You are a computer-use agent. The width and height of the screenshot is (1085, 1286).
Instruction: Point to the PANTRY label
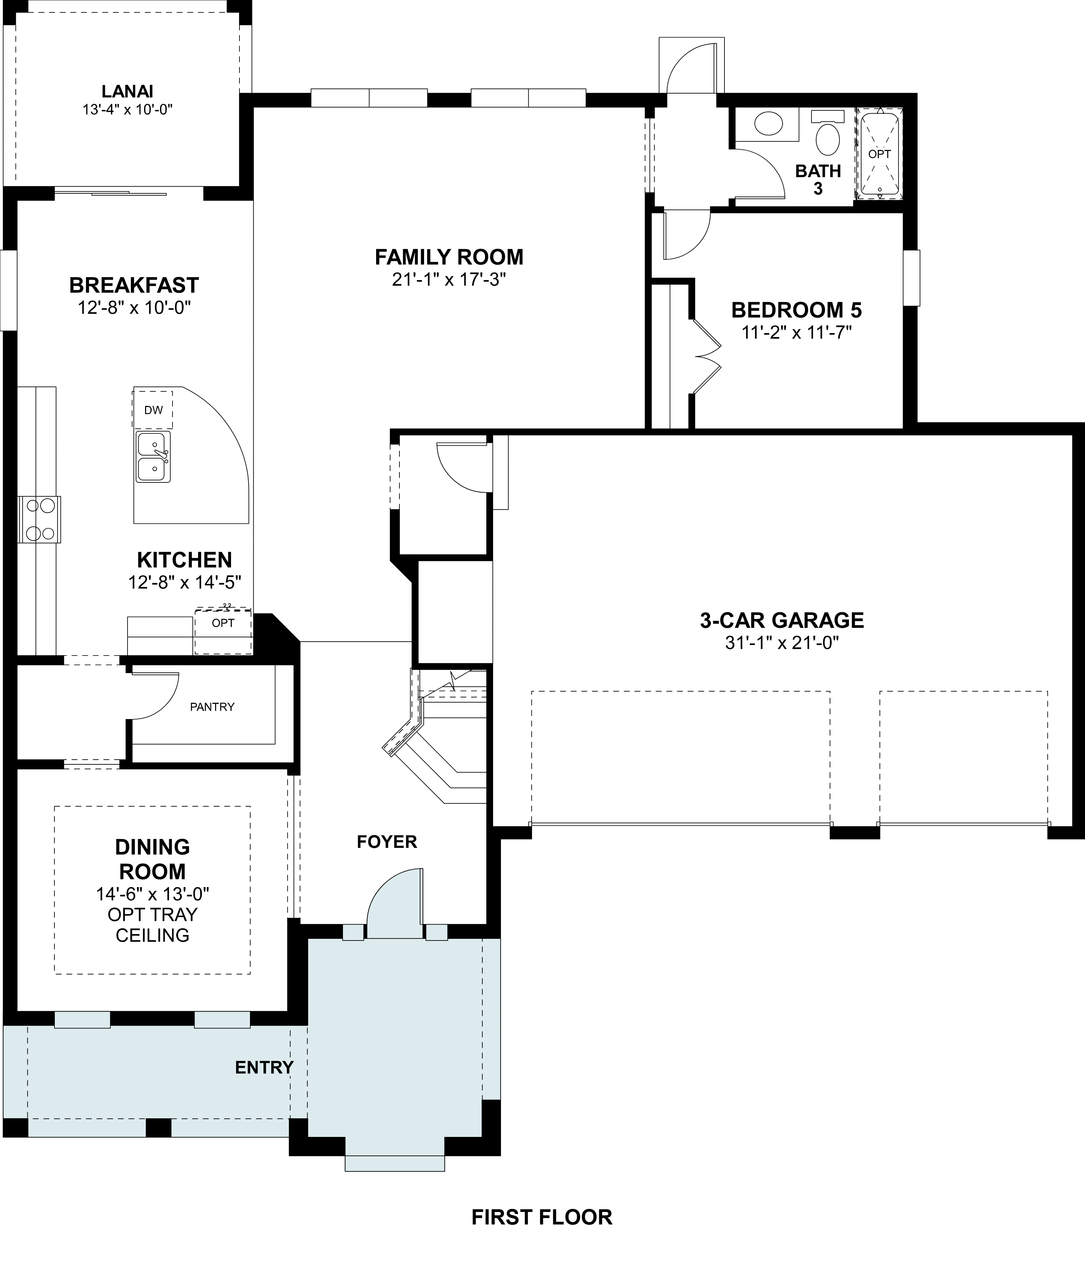coord(212,707)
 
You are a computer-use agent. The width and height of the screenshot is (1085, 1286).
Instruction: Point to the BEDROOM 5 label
coord(797,310)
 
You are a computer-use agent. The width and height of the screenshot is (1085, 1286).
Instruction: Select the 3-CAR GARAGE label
coord(782,620)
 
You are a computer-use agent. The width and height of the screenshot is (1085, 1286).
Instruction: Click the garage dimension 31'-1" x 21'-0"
coord(782,643)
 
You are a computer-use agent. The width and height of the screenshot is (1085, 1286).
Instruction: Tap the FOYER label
coord(387,841)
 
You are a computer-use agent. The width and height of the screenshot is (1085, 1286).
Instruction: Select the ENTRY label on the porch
coord(264,1067)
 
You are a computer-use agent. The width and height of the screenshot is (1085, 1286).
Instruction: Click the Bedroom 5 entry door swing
coord(686,235)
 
